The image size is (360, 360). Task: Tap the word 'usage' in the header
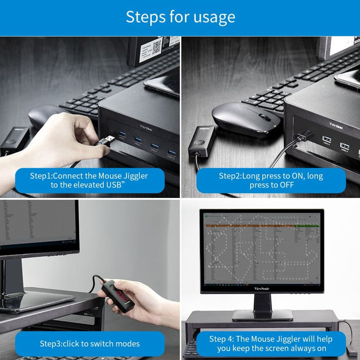click(212, 17)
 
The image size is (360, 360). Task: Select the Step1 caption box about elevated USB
click(89, 181)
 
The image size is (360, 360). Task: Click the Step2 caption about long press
click(271, 181)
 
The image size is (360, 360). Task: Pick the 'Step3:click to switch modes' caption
click(89, 343)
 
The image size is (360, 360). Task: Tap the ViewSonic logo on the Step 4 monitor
click(262, 288)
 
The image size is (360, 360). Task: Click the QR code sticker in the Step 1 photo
click(157, 49)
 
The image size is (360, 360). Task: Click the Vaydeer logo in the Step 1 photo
click(149, 125)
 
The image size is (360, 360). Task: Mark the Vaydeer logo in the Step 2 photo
click(337, 124)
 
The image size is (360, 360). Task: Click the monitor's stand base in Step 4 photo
click(262, 315)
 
